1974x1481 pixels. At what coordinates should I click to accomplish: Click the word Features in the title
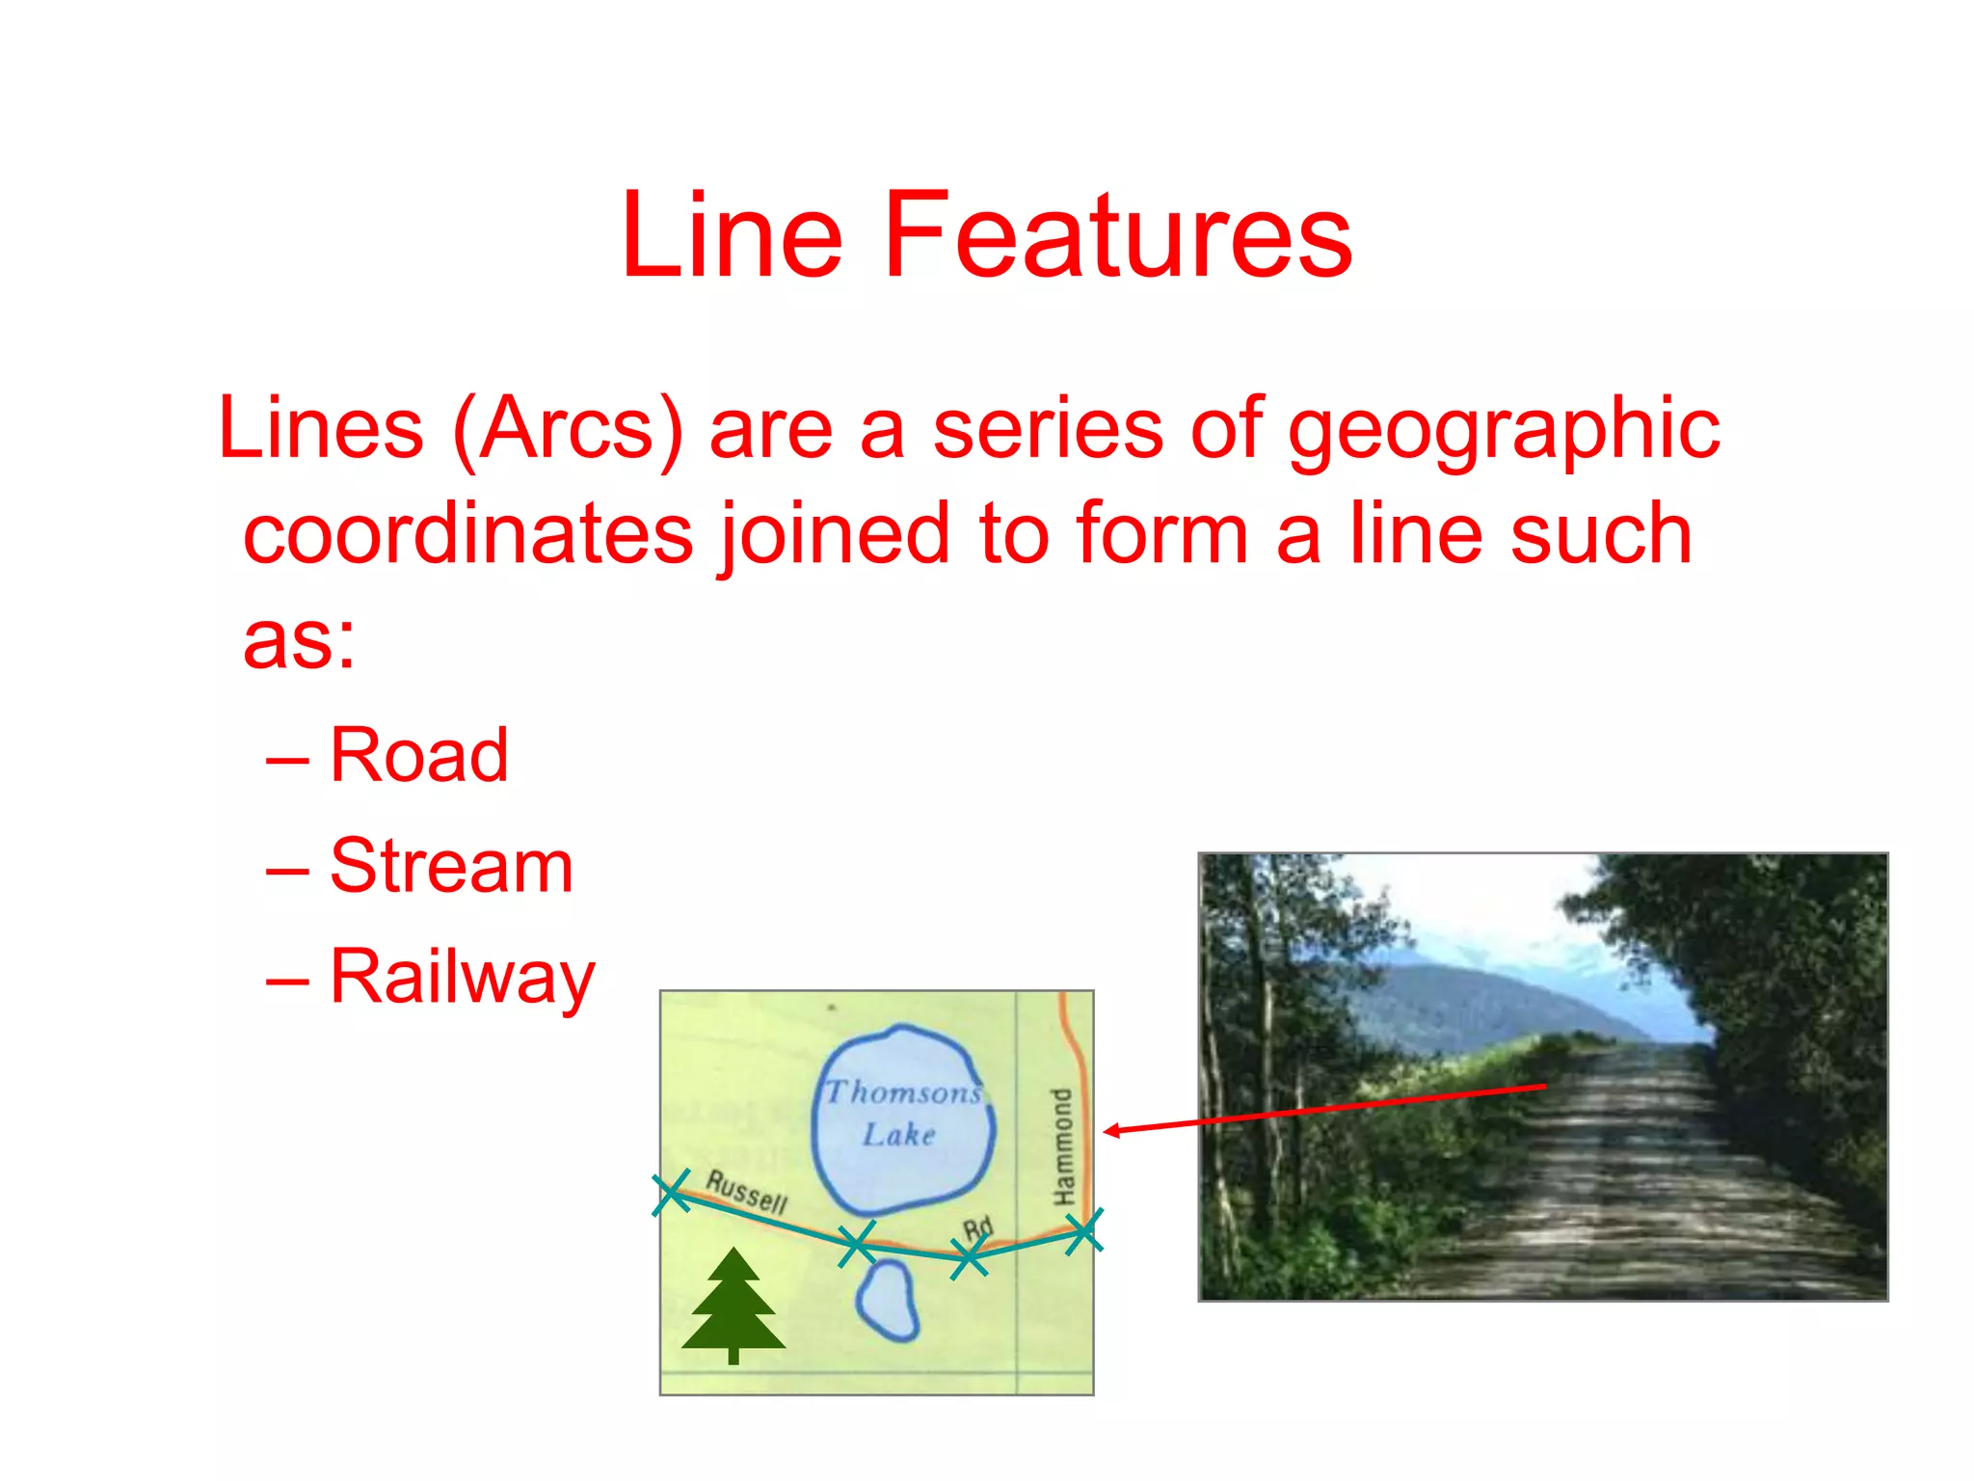click(x=1117, y=235)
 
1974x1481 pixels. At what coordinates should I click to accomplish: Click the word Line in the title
click(x=733, y=235)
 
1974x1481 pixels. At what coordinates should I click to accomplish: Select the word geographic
click(x=1504, y=430)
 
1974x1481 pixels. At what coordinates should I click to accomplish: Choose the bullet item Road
click(x=418, y=755)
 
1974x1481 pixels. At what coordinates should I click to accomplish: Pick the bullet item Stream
click(x=451, y=866)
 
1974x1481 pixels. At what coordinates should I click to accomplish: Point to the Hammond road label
click(x=1061, y=1146)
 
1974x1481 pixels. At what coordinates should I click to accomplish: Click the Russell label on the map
click(x=747, y=1192)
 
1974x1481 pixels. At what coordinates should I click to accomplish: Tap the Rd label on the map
click(x=977, y=1228)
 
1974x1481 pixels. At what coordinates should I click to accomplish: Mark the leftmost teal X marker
click(x=671, y=1193)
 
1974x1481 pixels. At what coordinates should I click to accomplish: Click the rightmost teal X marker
click(x=1084, y=1231)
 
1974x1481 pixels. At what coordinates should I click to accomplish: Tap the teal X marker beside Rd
click(x=968, y=1257)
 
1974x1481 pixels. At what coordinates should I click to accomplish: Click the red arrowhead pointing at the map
click(x=1111, y=1131)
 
